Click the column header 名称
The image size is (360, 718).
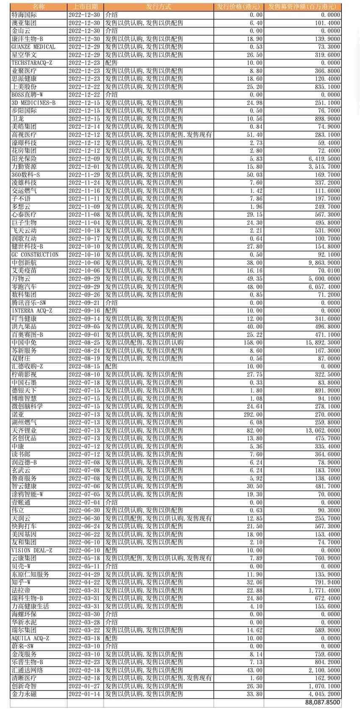coord(39,7)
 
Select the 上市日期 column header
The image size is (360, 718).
coord(85,7)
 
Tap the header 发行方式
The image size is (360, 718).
coord(158,7)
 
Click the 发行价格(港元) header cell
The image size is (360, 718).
coord(238,7)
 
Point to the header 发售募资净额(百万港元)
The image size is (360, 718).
coord(302,7)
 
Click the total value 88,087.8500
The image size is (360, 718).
coord(322,702)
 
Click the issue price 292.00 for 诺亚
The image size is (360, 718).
coord(253,415)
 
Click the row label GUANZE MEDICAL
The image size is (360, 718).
coord(33,47)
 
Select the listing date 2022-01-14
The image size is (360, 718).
coord(84,694)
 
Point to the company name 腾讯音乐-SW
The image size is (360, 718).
coord(29,303)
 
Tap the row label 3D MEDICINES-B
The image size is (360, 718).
coord(33,103)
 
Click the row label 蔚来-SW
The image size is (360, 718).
coord(22,646)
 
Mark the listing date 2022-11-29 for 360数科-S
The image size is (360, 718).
coord(84,175)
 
